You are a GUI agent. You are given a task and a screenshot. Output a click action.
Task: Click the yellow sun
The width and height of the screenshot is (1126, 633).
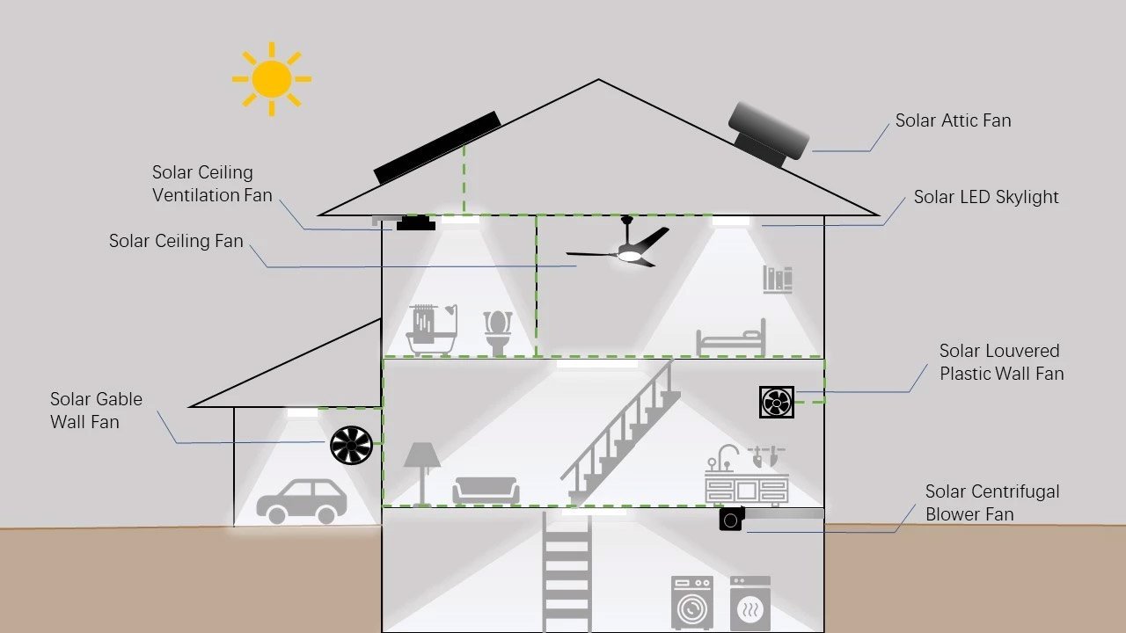tap(271, 79)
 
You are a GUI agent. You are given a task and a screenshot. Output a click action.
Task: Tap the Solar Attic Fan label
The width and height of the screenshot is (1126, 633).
tap(953, 120)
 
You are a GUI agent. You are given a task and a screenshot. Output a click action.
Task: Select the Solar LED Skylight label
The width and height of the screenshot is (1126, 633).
tap(985, 197)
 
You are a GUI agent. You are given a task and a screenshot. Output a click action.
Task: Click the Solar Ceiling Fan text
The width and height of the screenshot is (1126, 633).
tap(176, 241)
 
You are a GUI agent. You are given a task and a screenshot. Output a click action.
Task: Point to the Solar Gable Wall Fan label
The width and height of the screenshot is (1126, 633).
tap(96, 411)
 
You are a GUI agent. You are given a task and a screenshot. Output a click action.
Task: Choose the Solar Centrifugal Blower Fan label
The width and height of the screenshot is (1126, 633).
tap(991, 503)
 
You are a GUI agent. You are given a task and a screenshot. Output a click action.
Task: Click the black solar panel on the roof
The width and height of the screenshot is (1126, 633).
tap(437, 148)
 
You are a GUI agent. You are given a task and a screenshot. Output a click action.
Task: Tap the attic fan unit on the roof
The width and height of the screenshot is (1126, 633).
tap(767, 134)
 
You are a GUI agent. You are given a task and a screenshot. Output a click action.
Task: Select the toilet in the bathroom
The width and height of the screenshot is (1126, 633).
tap(498, 331)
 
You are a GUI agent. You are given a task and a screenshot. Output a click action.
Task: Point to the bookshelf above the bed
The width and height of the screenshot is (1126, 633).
tap(778, 280)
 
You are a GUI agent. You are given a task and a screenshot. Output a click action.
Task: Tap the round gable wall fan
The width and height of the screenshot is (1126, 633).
tap(351, 445)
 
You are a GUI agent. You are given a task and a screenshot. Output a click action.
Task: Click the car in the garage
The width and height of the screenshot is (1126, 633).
tap(301, 501)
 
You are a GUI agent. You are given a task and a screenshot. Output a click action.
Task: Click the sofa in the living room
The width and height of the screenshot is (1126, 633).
tap(486, 490)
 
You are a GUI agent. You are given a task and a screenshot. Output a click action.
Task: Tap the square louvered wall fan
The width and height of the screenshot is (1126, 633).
tap(776, 402)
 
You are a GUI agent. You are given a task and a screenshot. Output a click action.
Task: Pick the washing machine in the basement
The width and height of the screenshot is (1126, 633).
tap(692, 603)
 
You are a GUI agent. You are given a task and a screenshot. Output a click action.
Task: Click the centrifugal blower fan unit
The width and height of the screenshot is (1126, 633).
tap(732, 520)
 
